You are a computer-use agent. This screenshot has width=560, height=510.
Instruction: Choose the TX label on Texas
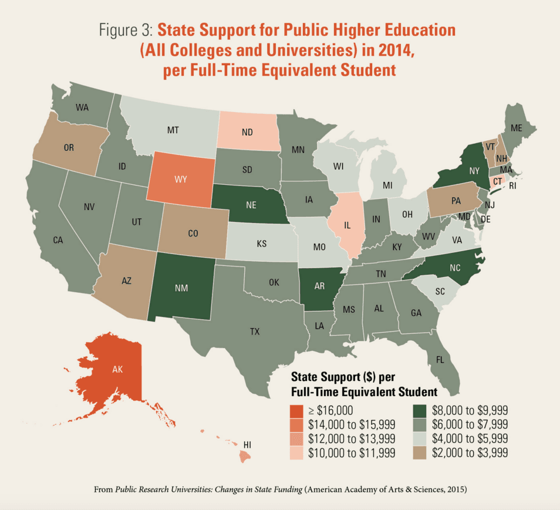click(x=254, y=332)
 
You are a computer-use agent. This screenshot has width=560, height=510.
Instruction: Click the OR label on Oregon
click(x=69, y=148)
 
